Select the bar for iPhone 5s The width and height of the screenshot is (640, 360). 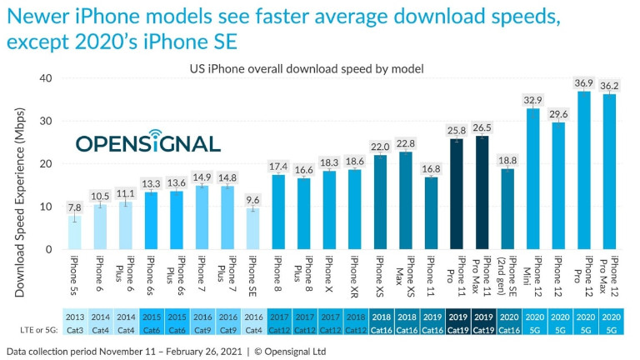[74, 232]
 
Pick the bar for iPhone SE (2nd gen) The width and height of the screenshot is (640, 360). [507, 209]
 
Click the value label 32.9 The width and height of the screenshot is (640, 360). [532, 99]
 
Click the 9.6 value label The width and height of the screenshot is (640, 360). [252, 199]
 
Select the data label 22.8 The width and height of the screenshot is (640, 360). [406, 142]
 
